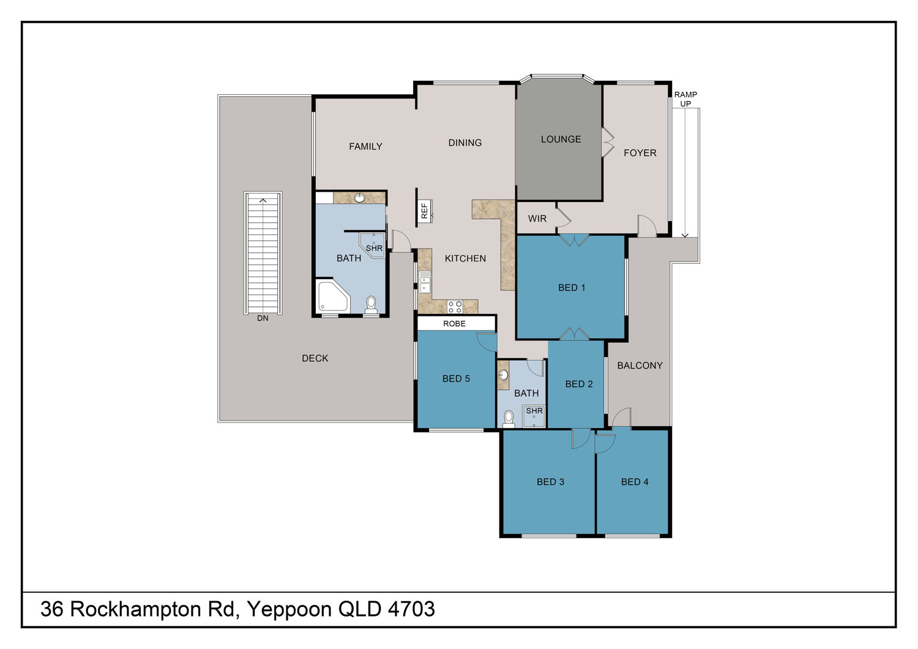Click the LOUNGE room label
tap(561, 140)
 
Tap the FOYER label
tap(640, 153)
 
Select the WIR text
tap(537, 219)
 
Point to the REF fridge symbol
tap(425, 211)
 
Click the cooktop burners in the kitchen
tap(455, 307)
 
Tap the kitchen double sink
tap(425, 282)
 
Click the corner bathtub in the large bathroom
tap(334, 296)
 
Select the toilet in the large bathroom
tap(371, 305)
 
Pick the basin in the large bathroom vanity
tap(359, 198)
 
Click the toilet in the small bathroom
tap(509, 419)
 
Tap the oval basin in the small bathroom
tap(503, 375)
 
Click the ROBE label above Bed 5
tap(454, 323)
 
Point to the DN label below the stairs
tap(263, 318)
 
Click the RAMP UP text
tap(685, 99)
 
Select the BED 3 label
tap(550, 482)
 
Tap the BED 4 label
tap(635, 482)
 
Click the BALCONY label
tap(640, 366)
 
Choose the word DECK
tap(315, 358)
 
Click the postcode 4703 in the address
tap(411, 609)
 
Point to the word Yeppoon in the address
tap(289, 610)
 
